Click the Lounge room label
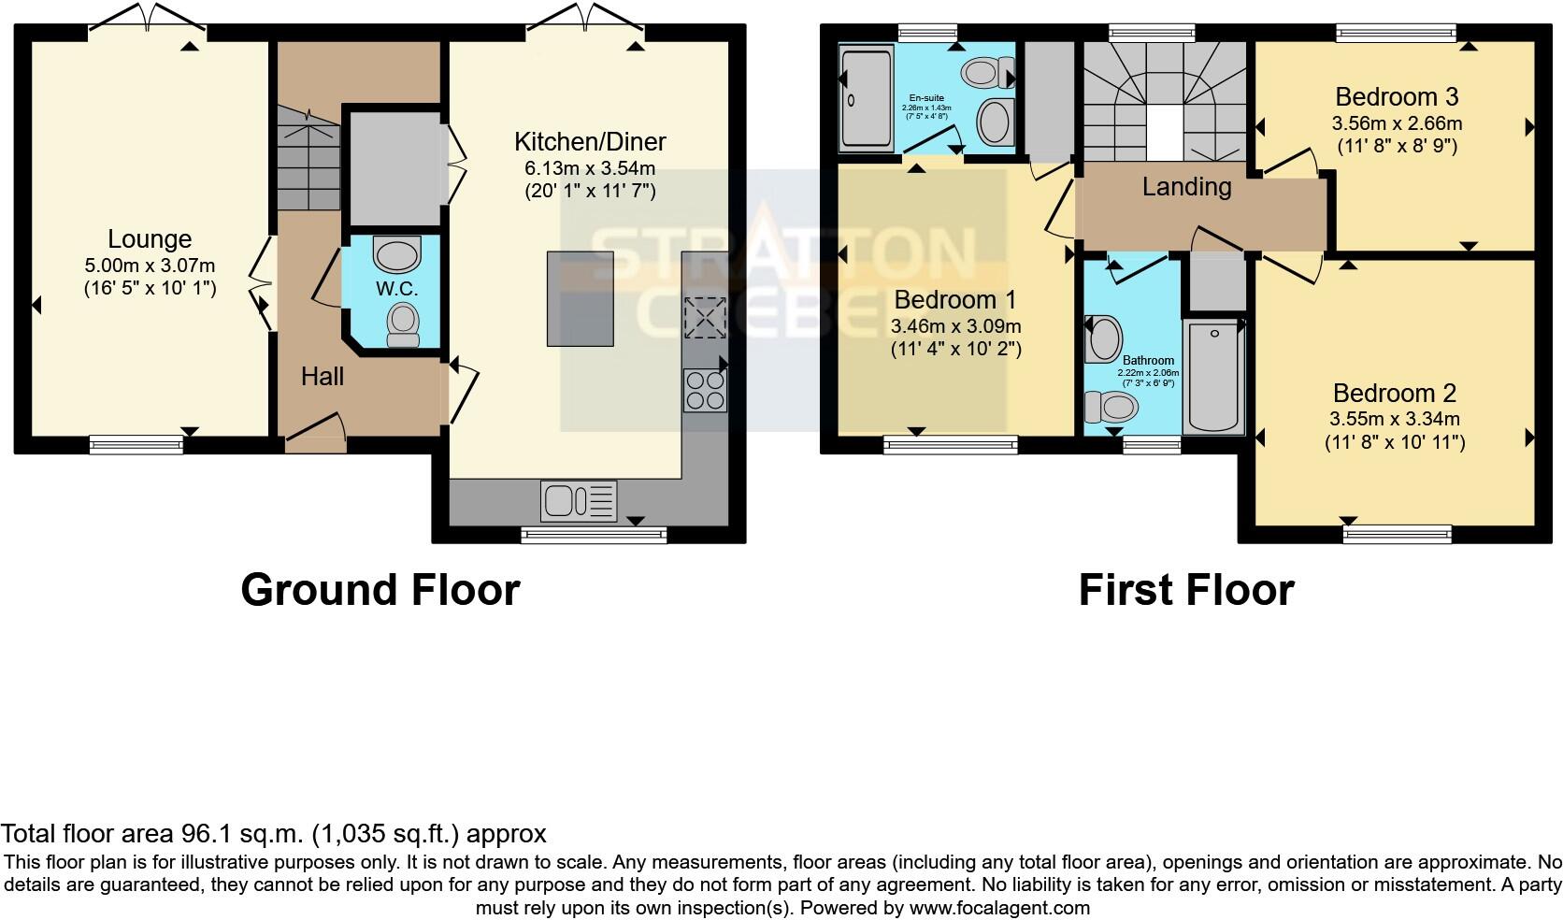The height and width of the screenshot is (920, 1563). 150,239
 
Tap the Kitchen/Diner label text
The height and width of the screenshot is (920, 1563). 590,142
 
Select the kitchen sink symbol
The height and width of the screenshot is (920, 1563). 579,500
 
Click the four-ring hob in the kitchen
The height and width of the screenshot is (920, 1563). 706,390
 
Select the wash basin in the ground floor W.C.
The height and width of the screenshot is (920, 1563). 397,252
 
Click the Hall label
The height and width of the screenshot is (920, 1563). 322,377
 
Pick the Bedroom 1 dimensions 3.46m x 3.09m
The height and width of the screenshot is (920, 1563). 955,326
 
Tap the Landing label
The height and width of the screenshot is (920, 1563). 1186,187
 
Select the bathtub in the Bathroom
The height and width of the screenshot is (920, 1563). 1213,376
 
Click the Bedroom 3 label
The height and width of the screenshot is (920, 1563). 1397,97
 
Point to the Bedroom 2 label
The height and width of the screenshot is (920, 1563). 1394,394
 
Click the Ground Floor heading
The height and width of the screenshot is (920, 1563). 380,590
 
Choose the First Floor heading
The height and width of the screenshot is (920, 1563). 1185,590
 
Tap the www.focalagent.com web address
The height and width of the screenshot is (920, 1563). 998,907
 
